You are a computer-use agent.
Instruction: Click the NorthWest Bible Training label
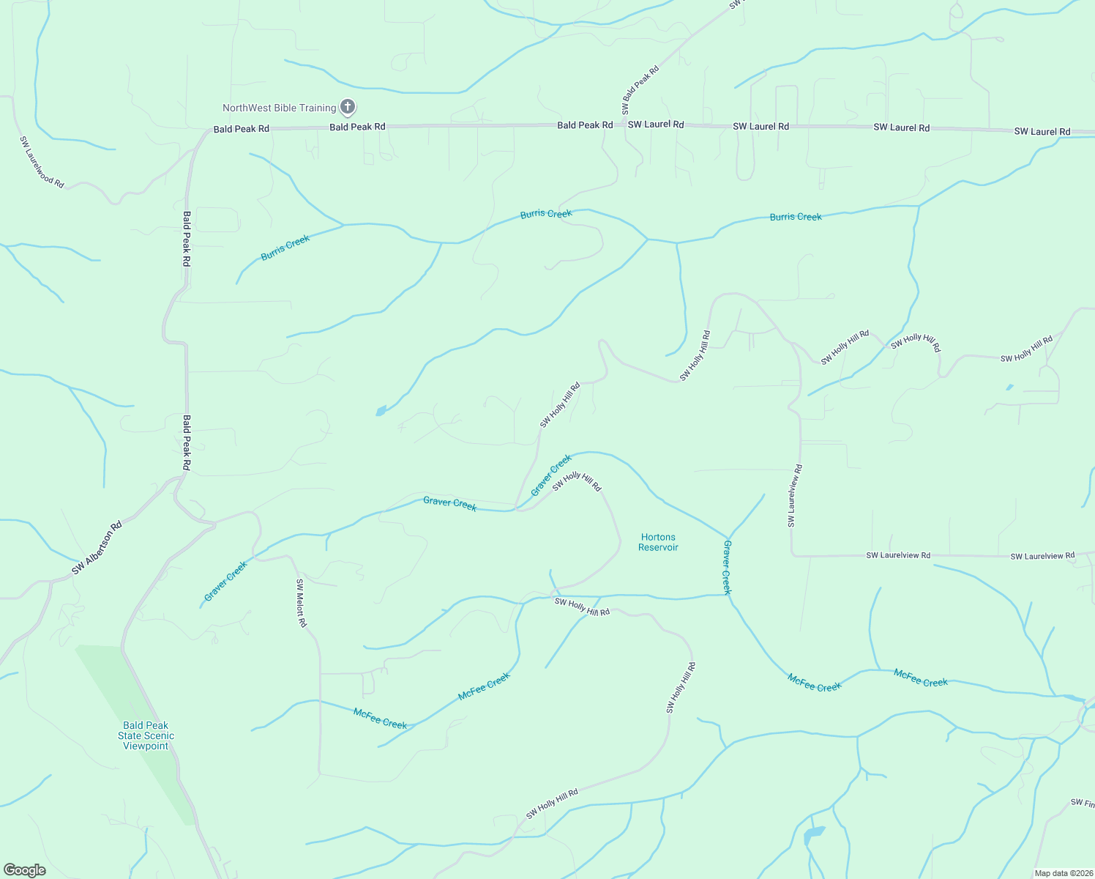[279, 108]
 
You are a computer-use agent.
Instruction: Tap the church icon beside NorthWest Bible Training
[348, 108]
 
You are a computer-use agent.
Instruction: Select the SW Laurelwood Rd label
[42, 162]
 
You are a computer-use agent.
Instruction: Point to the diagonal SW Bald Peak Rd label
[640, 90]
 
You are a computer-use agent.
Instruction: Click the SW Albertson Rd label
[97, 548]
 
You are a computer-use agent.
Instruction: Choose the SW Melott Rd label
[301, 603]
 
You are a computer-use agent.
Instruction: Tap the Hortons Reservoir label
[658, 542]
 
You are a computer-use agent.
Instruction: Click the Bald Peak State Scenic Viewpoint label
[146, 735]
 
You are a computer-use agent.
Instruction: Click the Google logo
[25, 870]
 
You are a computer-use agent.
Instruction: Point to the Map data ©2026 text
[1062, 873]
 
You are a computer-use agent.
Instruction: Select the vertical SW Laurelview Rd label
[795, 496]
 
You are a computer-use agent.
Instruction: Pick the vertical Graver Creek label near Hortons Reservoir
[727, 568]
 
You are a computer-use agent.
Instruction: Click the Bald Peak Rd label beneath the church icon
[357, 127]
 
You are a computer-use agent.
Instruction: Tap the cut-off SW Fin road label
[1082, 803]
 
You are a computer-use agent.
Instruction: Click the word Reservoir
[658, 547]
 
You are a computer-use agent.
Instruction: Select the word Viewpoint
[146, 746]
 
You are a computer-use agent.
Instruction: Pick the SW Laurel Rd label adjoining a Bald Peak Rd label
[656, 125]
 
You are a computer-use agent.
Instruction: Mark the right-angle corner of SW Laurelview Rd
[793, 555]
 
